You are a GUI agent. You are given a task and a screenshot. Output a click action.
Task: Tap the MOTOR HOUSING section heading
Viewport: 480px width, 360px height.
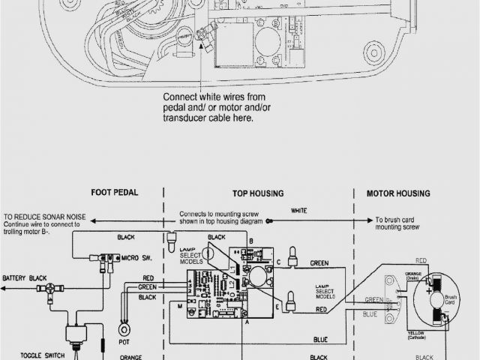click(x=398, y=193)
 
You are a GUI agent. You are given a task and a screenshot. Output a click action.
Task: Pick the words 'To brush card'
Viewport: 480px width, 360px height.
click(x=397, y=220)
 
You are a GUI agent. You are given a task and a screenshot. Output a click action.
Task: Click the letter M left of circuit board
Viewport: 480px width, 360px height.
click(x=179, y=307)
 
